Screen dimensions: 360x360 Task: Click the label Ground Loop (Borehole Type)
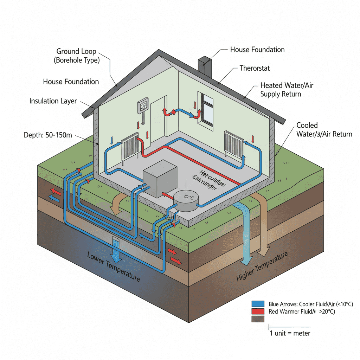tap(77, 56)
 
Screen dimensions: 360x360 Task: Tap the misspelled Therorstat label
tap(255, 68)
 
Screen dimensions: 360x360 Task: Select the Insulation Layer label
tap(53, 101)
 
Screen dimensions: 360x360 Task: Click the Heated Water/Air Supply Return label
tap(281, 90)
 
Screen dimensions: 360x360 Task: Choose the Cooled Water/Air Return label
tap(324, 129)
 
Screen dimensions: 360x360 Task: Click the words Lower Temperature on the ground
tap(113, 266)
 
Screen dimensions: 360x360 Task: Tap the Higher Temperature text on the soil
tap(262, 266)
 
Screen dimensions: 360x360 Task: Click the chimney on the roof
tap(205, 67)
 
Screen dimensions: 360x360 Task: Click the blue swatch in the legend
tap(258, 304)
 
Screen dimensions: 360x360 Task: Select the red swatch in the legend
tap(258, 311)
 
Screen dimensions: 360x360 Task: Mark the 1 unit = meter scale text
tap(290, 333)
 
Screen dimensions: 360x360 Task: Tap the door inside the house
tap(157, 118)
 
